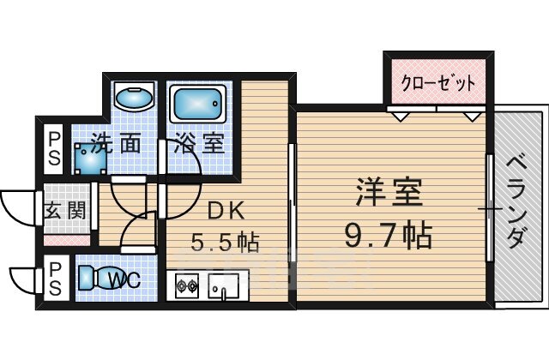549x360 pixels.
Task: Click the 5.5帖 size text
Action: (225, 243)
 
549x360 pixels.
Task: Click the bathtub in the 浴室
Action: (198, 105)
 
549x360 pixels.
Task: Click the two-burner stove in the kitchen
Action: (188, 286)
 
